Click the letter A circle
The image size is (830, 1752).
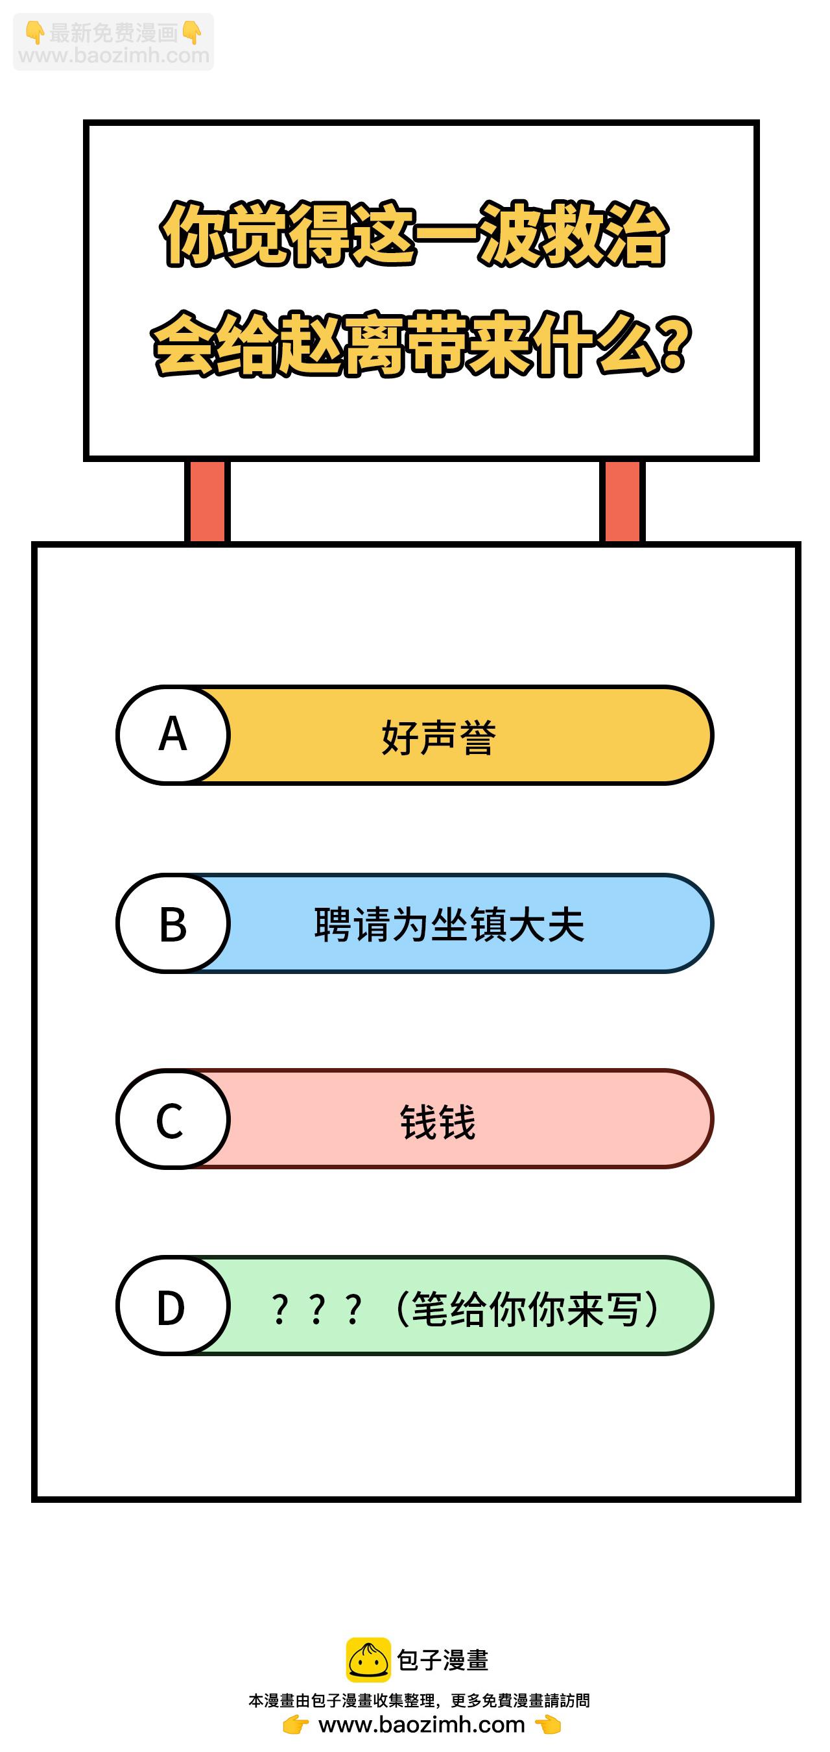coord(173,735)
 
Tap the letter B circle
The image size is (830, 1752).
coord(173,923)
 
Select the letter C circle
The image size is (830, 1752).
coord(173,1119)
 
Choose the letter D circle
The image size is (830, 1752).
coord(173,1306)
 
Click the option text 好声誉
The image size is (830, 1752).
coord(438,737)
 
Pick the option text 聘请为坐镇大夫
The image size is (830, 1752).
coord(449,925)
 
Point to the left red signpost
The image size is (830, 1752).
coord(207,501)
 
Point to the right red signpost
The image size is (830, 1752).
coord(622,501)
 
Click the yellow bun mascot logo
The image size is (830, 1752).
coord(368,1661)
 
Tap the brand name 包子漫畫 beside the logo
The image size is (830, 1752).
coord(442,1661)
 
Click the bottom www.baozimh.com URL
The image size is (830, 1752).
coord(421,1725)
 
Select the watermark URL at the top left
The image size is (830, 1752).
coord(113,55)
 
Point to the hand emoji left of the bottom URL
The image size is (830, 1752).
coord(296,1725)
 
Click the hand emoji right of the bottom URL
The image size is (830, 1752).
coord(548,1725)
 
